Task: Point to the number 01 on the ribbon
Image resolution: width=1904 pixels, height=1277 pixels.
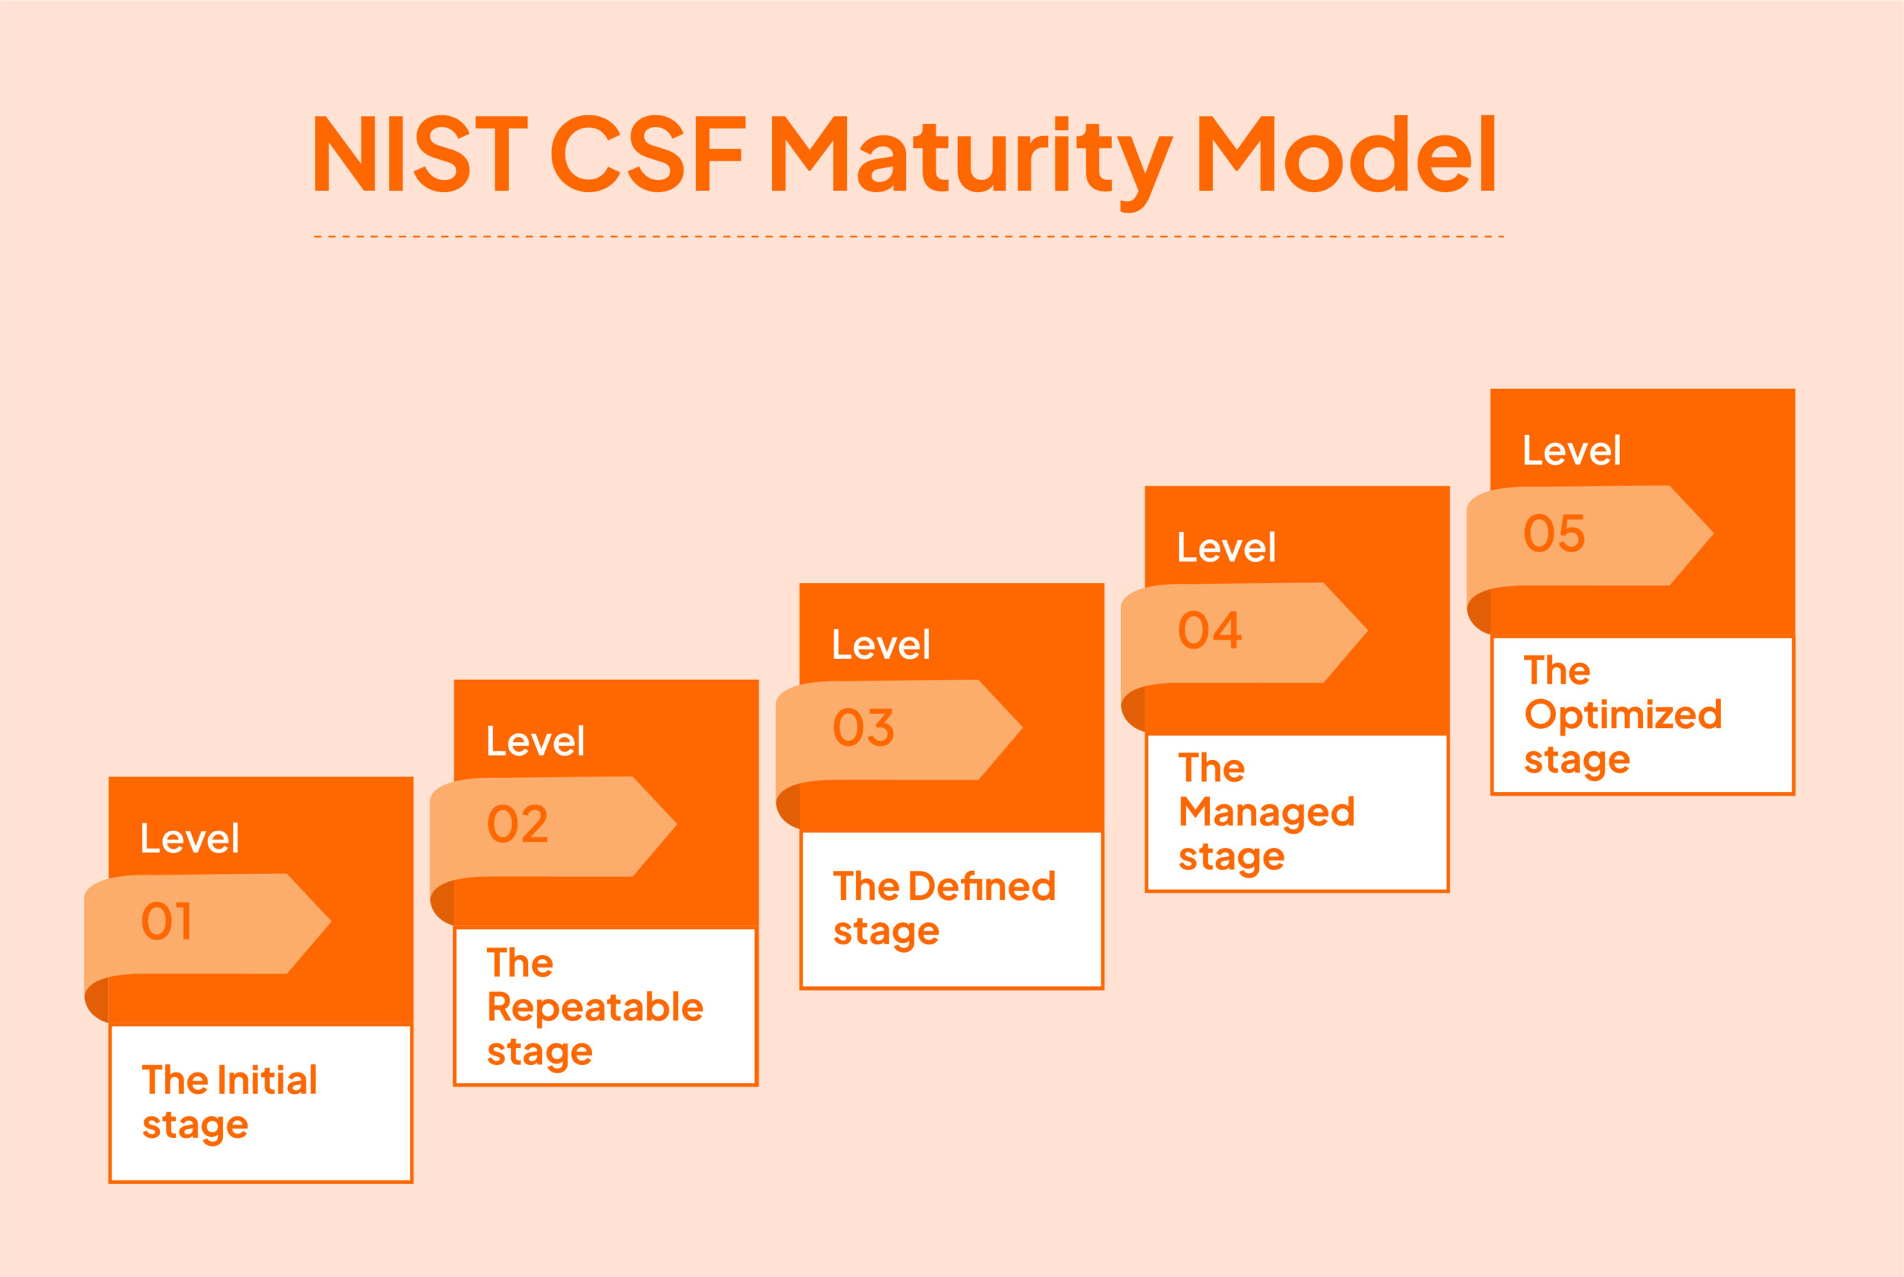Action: point(167,922)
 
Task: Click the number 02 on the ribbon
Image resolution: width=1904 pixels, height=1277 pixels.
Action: point(518,824)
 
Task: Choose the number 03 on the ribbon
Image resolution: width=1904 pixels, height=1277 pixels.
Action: point(863,727)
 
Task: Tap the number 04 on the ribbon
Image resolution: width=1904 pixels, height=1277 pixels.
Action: point(1210,631)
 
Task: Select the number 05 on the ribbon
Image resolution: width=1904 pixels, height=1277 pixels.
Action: point(1554,533)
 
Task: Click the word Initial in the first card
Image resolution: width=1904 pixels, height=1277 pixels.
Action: point(268,1081)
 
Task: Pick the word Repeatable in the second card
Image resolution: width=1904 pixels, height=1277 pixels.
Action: point(595,1009)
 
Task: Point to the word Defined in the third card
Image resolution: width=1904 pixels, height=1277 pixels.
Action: point(983,886)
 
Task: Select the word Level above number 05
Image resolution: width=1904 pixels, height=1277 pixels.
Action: point(1572,451)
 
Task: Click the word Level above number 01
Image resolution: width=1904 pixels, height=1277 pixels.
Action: point(190,838)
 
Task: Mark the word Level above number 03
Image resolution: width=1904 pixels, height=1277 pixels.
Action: point(881,645)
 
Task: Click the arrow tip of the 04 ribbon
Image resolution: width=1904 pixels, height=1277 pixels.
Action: point(1366,631)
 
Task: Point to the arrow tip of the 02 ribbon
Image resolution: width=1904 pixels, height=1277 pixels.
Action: point(676,824)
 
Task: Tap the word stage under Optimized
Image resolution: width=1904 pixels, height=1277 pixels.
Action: point(1577,762)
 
